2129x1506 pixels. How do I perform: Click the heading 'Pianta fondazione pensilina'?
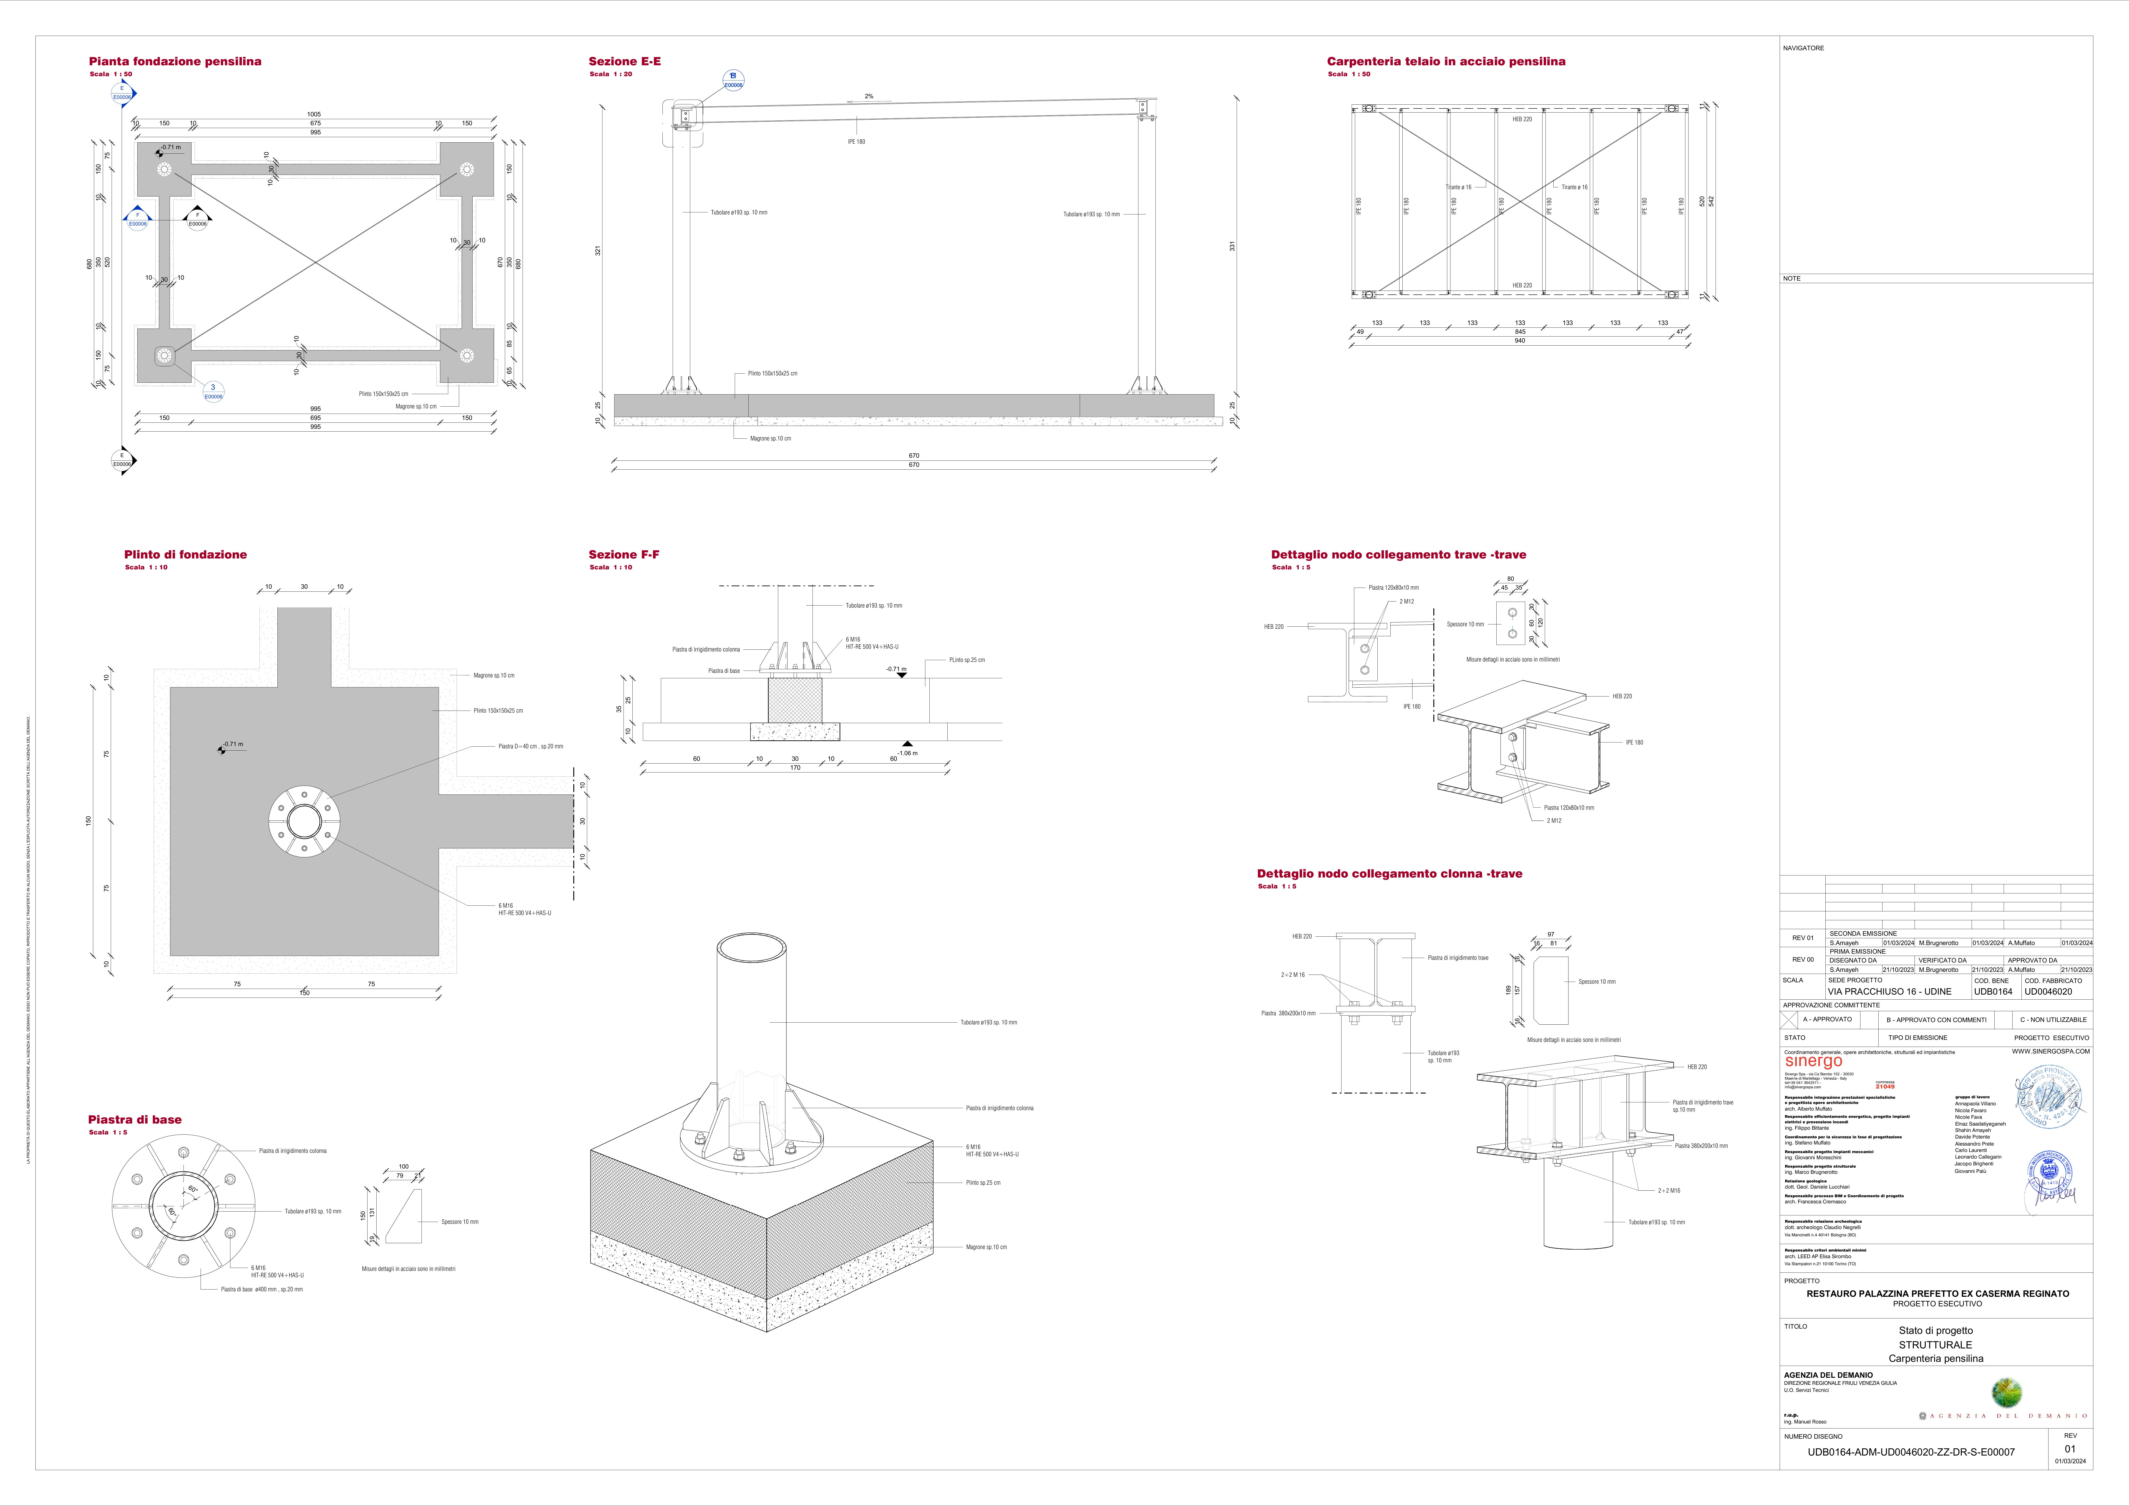(175, 61)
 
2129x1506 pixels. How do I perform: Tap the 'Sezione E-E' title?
(625, 61)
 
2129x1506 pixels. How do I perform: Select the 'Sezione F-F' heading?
(624, 555)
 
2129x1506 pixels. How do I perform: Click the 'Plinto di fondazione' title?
(186, 555)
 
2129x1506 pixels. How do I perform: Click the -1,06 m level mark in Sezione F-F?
(907, 753)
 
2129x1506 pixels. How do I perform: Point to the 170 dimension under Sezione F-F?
(795, 768)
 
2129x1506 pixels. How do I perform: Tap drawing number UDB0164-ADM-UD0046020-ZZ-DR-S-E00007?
(1911, 1452)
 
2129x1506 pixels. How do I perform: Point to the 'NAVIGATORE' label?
(1804, 48)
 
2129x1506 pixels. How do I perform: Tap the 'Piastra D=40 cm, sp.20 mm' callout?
(530, 747)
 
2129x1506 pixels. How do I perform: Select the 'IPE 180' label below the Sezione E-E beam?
(856, 142)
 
